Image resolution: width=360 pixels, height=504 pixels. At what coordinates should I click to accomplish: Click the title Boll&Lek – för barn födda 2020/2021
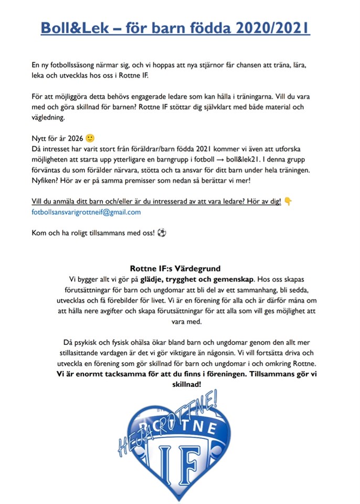175,27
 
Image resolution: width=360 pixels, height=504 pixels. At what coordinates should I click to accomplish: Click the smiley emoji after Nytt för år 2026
90,139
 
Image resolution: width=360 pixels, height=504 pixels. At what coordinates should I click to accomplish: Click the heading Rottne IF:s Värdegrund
175,269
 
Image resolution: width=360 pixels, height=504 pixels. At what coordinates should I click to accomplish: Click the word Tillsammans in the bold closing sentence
271,374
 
